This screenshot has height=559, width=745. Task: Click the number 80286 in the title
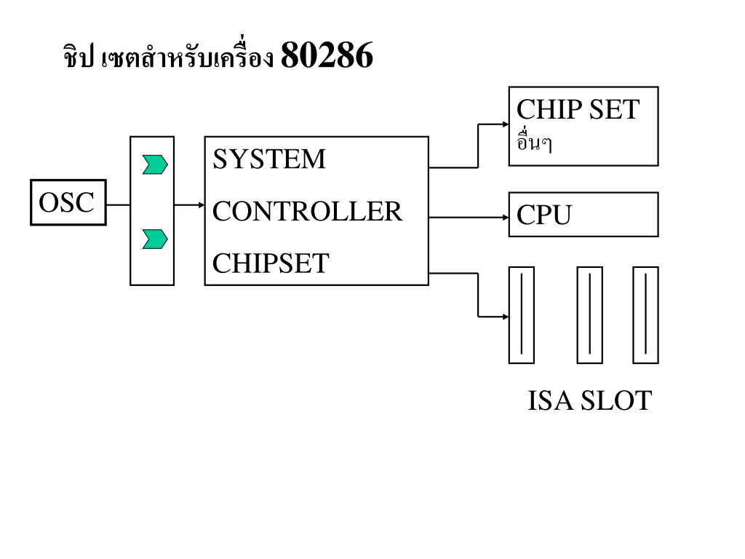326,56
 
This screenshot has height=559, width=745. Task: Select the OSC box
68,202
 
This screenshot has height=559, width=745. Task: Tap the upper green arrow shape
155,164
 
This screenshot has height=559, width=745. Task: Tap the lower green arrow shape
155,238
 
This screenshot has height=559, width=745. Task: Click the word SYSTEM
269,159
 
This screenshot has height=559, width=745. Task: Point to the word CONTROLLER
307,212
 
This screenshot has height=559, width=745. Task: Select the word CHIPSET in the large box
271,263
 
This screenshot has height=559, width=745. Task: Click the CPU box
583,215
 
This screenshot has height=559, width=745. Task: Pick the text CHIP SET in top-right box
578,110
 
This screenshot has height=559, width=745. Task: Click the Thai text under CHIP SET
533,143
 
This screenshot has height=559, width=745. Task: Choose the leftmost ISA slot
521,314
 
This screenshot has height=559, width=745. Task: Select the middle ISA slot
589,314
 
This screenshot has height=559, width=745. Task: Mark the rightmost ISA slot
645,314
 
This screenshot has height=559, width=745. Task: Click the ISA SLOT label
589,401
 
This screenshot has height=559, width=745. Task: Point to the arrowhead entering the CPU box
504,217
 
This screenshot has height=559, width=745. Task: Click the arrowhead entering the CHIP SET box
504,124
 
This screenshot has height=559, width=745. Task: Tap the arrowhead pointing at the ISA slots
504,317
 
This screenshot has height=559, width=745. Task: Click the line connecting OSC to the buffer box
118,205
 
